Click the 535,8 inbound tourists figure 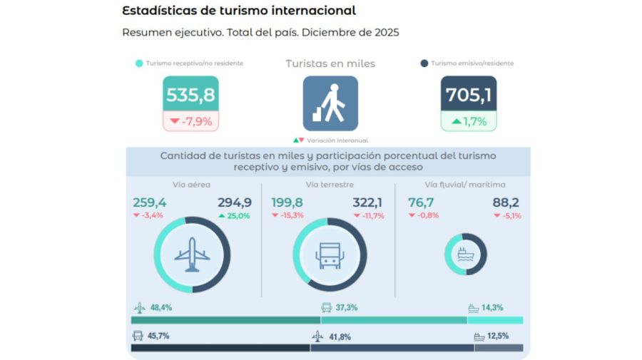(x=190, y=95)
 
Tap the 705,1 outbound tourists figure (x=468, y=95)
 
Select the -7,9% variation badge (x=191, y=121)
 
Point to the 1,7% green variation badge (x=469, y=121)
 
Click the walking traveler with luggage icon (x=330, y=103)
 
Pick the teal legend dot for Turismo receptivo (x=138, y=63)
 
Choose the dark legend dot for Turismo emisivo (x=424, y=63)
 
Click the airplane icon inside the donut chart (x=192, y=254)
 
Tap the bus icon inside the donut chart (x=330, y=254)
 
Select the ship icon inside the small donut (x=465, y=254)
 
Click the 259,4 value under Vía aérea (x=149, y=202)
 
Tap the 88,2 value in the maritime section (x=506, y=202)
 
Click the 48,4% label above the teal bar (x=160, y=308)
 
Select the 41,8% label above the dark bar (x=340, y=336)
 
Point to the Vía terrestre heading (x=330, y=185)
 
